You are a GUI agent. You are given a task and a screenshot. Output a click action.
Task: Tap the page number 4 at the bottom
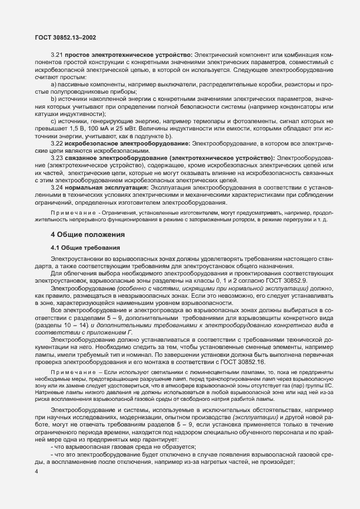coord(37,472)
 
